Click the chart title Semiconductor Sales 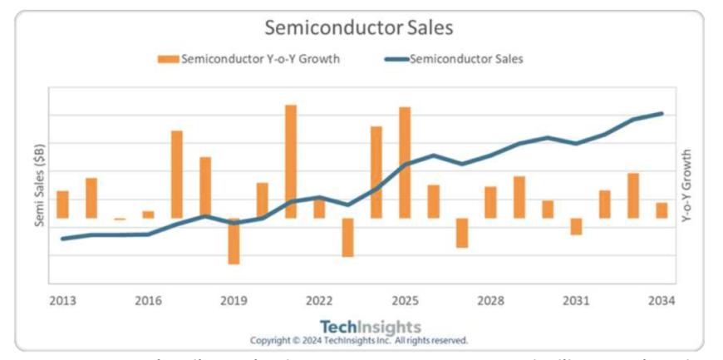(359, 27)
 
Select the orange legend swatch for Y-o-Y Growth (168, 58)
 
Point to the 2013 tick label (62, 300)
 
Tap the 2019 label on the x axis (234, 300)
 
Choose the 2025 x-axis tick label (405, 300)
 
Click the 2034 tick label (662, 300)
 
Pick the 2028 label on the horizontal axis (490, 300)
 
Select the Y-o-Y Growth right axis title (686, 185)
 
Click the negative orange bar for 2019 (234, 241)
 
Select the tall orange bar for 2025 (405, 162)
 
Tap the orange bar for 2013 (62, 205)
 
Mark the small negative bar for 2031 (576, 226)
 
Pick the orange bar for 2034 (662, 210)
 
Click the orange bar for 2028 (490, 202)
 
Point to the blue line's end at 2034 (662, 113)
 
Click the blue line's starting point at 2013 (62, 239)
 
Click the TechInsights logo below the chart (371, 327)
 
